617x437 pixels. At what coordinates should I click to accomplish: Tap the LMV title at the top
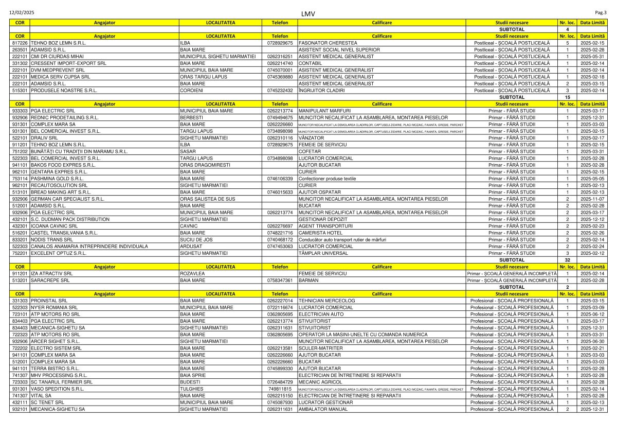[308, 13]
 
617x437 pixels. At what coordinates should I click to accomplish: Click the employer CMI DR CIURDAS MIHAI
[56, 56]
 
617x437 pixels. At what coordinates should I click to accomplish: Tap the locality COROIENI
[192, 90]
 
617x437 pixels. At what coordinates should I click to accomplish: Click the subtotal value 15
[567, 97]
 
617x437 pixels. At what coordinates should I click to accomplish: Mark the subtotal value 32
[567, 260]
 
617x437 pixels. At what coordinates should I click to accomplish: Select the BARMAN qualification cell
[308, 280]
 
